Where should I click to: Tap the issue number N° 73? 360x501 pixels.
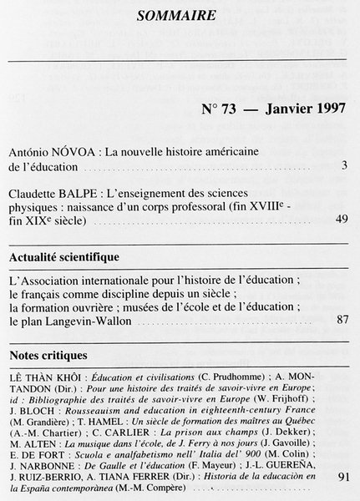pos(220,110)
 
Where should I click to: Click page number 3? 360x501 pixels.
pos(344,166)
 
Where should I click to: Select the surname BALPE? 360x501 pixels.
pos(85,191)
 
